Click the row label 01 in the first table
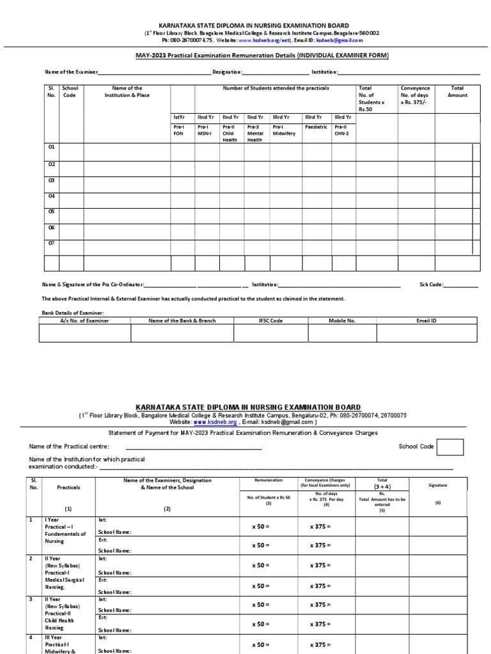52,147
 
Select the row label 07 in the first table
52,243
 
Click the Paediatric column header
316,127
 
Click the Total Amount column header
457,91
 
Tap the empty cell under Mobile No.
342,334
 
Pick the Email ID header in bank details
426,321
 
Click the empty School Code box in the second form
451,447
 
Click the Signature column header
439,485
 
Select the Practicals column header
69,487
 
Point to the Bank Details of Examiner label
73,312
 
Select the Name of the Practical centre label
69,446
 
